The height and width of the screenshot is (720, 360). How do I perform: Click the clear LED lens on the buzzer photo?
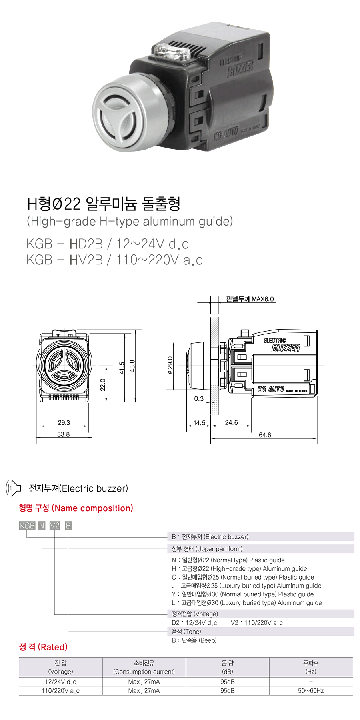click(x=176, y=52)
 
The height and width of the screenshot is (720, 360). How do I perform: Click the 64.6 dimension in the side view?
click(x=265, y=435)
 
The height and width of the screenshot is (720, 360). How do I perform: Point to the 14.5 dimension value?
click(x=199, y=423)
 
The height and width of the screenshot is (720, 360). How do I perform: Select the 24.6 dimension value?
click(x=231, y=422)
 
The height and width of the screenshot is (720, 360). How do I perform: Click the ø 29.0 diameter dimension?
click(x=170, y=365)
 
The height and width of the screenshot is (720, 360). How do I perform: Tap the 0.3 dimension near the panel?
click(x=199, y=398)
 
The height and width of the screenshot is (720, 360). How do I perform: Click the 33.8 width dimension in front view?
click(x=63, y=434)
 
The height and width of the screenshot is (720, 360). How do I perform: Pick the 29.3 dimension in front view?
click(x=64, y=422)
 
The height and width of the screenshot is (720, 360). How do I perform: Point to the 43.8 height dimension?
click(x=133, y=366)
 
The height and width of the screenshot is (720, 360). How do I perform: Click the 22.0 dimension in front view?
click(x=103, y=384)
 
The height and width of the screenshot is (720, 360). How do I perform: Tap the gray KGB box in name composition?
click(x=27, y=526)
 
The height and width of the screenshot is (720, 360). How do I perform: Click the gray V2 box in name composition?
click(x=54, y=526)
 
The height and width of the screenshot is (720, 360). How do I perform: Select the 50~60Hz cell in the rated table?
click(x=311, y=691)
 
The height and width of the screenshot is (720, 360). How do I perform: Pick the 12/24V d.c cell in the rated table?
click(x=60, y=682)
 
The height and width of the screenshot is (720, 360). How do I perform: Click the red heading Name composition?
click(x=76, y=508)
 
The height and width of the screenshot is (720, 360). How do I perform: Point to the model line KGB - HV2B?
click(x=114, y=260)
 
